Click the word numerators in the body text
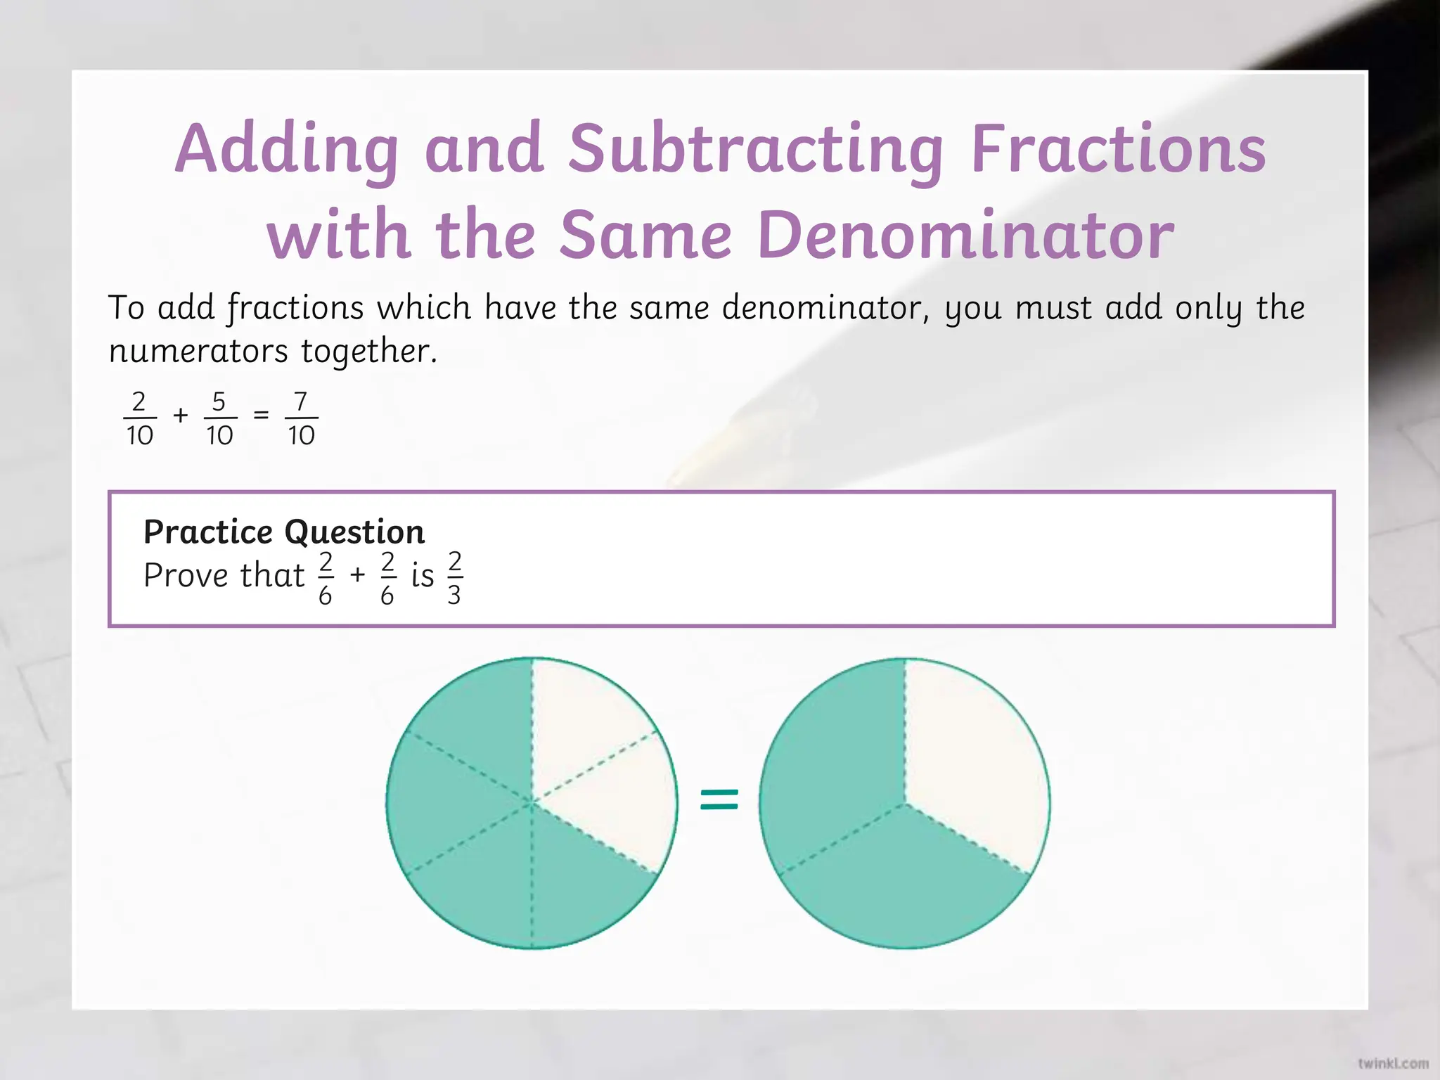click(x=198, y=351)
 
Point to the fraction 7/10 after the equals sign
click(x=301, y=418)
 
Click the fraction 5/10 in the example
click(x=219, y=418)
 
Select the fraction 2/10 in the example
click(x=139, y=418)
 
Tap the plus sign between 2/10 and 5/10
click(x=181, y=415)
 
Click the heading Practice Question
click(x=284, y=532)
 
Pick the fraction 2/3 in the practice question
click(x=454, y=578)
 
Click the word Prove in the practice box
click(x=186, y=575)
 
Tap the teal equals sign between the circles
click(x=719, y=799)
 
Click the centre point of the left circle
click(x=532, y=802)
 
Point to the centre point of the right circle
click(x=905, y=802)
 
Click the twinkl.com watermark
click(x=1393, y=1063)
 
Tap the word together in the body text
click(x=368, y=351)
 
